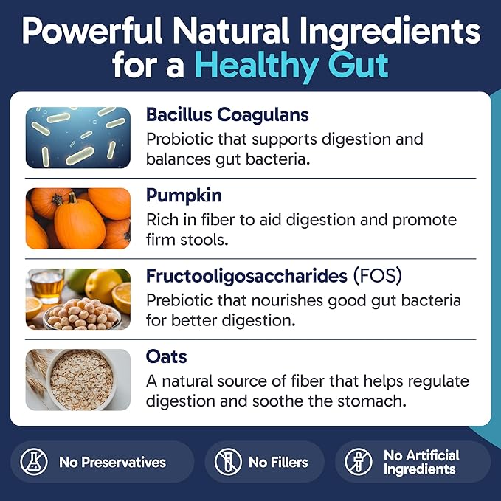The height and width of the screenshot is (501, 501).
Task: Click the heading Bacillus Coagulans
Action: pos(227,115)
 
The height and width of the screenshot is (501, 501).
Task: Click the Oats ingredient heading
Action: pos(166,357)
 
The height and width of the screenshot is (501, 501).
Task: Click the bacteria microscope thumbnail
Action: pos(77,136)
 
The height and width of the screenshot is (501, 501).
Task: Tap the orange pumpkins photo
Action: pos(77,218)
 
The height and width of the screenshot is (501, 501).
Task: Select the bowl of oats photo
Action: pos(77,379)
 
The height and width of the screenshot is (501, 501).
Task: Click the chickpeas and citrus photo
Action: pos(77,298)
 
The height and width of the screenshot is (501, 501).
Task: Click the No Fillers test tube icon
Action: pos(228,463)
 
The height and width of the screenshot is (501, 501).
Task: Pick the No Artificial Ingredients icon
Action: pos(359,463)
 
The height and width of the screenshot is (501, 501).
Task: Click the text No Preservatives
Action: pos(112,463)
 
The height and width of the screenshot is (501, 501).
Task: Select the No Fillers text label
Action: pos(278,463)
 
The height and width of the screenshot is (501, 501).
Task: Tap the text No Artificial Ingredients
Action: pos(421,463)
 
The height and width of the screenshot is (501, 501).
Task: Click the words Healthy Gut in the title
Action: pos(291,65)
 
